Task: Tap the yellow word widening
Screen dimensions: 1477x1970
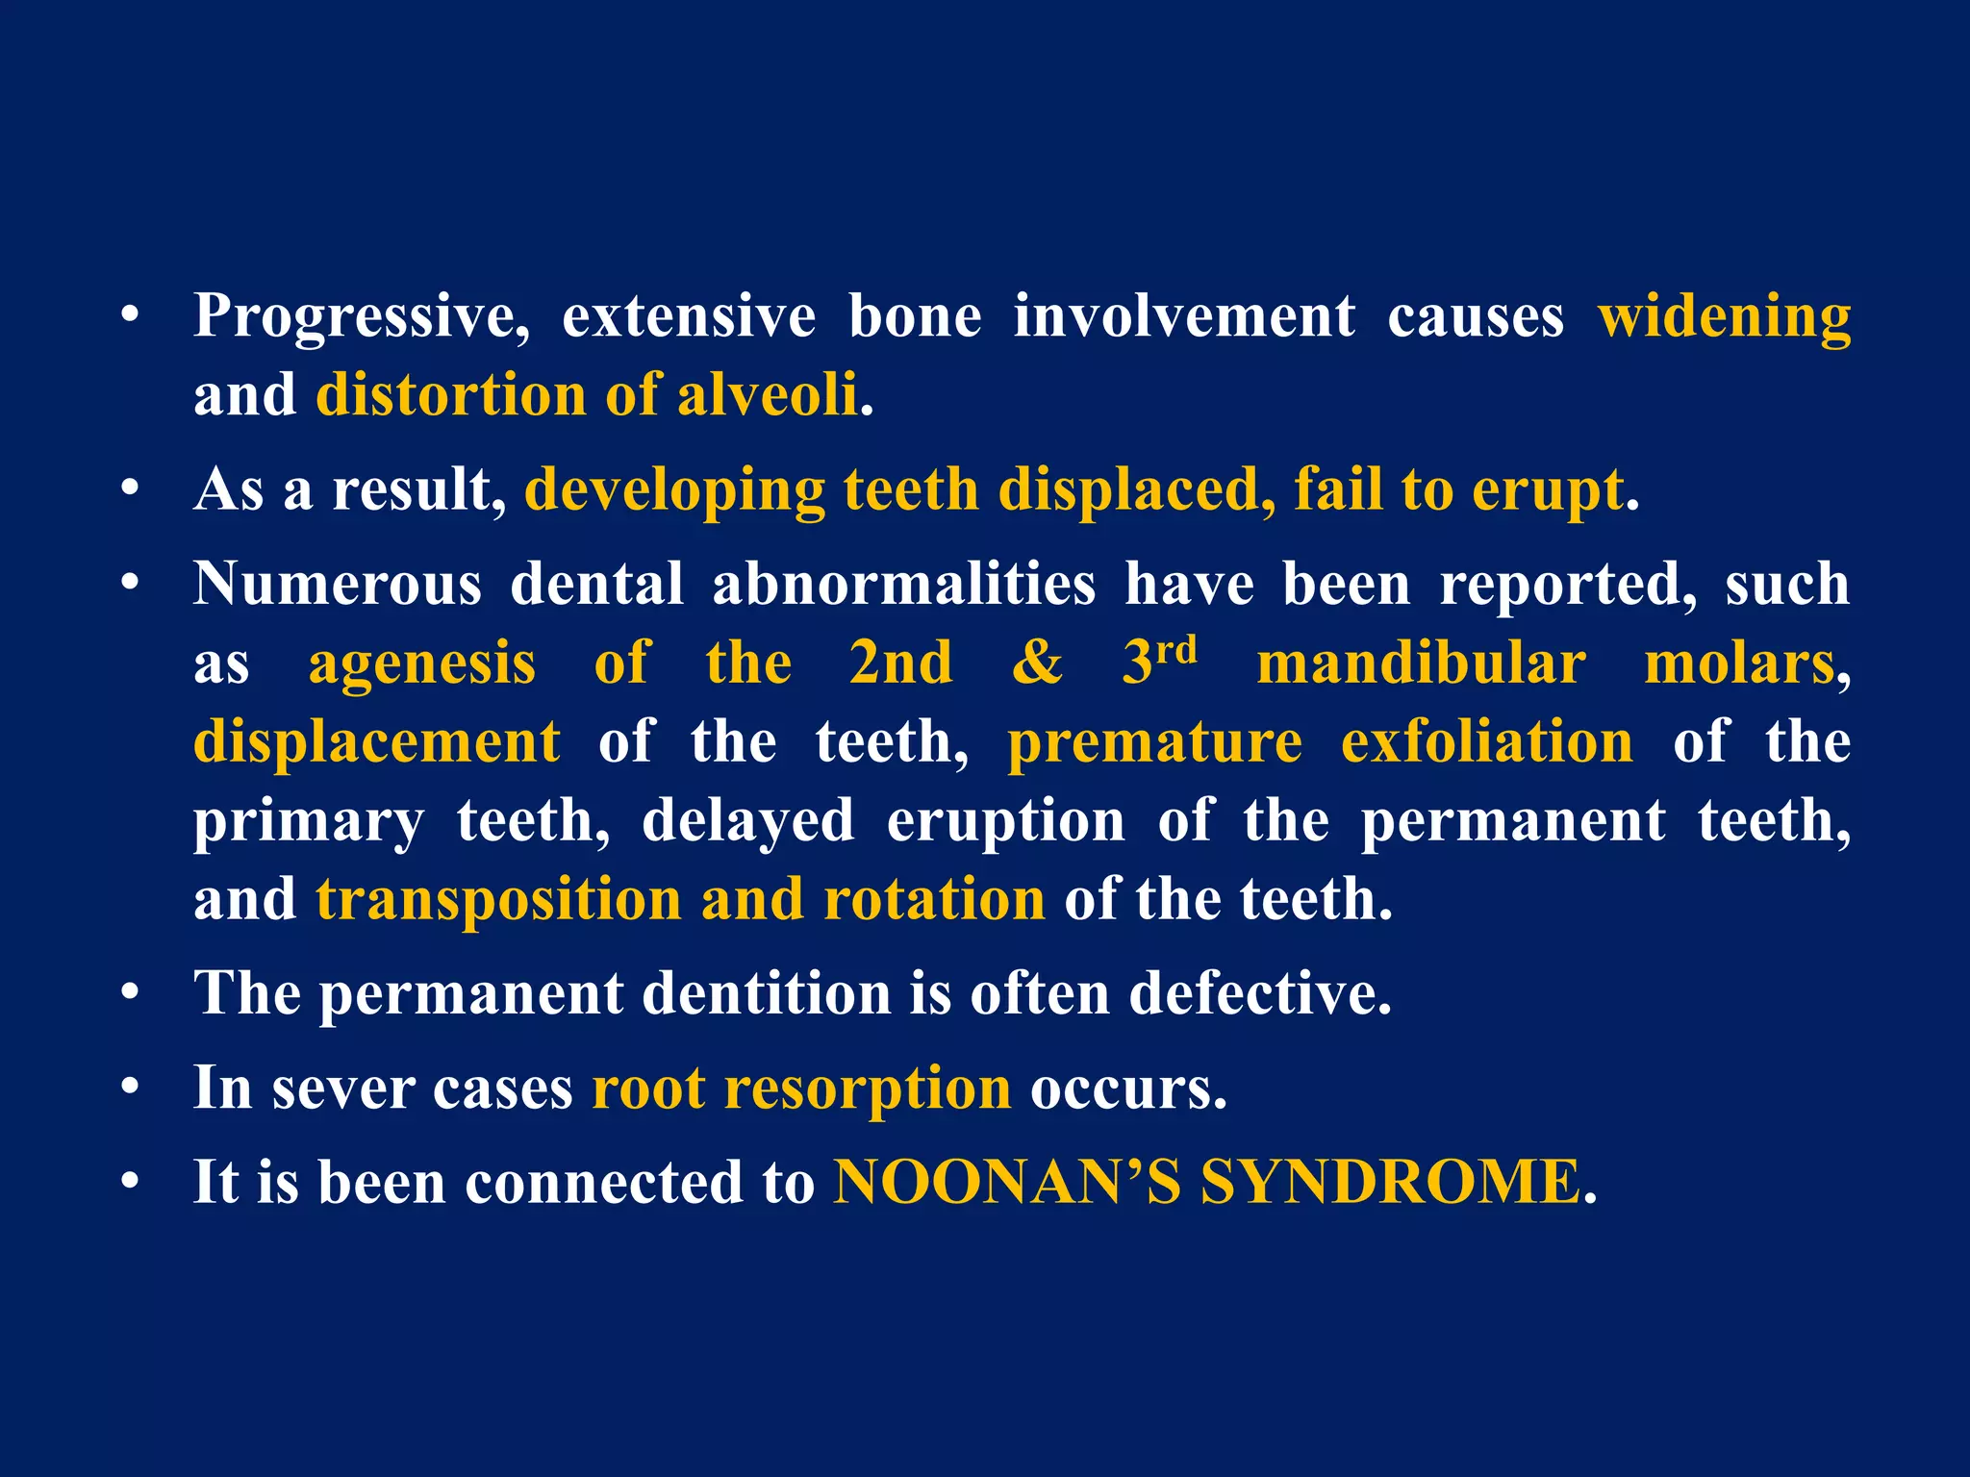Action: (1724, 317)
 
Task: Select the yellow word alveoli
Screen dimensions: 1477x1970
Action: (767, 395)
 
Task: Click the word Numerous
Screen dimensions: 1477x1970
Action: (337, 584)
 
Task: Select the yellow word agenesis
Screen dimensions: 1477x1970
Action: (421, 664)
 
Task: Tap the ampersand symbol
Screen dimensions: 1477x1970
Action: (1037, 663)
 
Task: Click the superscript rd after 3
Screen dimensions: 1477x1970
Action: (1176, 650)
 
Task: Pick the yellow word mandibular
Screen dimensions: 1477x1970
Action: (1421, 663)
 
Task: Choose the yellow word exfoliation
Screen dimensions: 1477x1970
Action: (1486, 742)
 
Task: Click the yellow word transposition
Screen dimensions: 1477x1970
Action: (498, 899)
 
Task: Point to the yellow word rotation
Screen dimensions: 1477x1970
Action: (934, 899)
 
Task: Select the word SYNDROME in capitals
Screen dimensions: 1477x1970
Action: (1390, 1182)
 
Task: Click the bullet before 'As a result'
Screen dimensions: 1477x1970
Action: (131, 489)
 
